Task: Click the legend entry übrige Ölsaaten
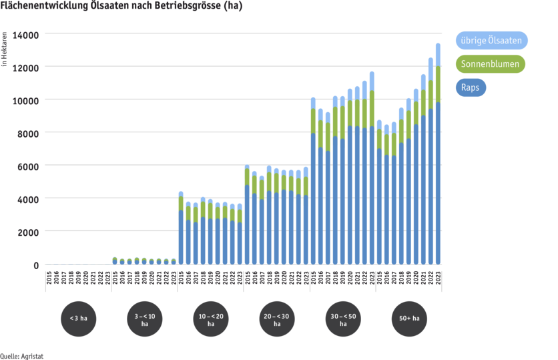[493, 40]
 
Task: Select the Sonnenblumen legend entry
[493, 64]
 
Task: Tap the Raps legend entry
[472, 87]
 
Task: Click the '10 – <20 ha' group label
[211, 319]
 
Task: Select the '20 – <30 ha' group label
[277, 319]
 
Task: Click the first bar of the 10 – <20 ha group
[181, 234]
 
